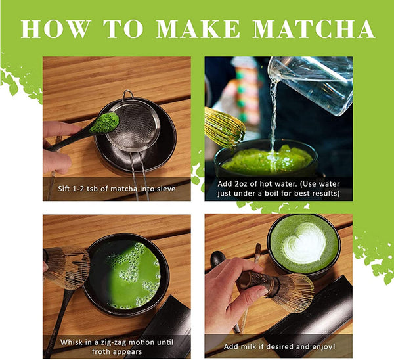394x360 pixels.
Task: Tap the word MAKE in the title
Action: click(x=190, y=28)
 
